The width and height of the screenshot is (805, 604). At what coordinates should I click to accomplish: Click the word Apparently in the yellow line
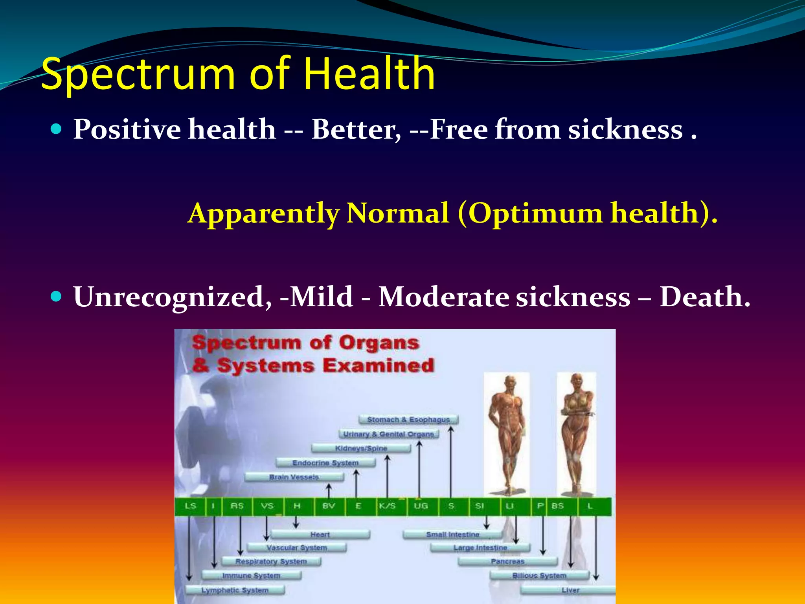(x=263, y=214)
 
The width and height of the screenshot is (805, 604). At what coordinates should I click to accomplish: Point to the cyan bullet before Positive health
(x=57, y=129)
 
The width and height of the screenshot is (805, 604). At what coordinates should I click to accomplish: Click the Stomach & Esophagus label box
(x=408, y=420)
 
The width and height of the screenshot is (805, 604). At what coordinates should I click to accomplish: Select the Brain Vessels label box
(x=294, y=477)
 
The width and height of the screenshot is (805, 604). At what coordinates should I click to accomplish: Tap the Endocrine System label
(x=325, y=463)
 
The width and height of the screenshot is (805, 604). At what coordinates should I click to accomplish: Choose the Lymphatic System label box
(x=235, y=590)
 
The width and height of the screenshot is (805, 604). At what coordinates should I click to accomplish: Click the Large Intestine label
(x=480, y=547)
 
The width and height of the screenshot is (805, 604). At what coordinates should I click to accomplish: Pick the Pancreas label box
(x=507, y=561)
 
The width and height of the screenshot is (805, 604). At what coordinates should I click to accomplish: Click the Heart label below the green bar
(x=320, y=534)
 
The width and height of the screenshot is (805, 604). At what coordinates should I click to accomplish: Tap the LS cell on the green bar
(x=190, y=506)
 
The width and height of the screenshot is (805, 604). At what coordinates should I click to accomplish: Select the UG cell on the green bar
(x=421, y=506)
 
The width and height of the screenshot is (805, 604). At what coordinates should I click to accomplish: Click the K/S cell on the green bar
(x=387, y=506)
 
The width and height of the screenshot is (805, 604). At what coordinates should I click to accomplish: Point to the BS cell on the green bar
(x=557, y=506)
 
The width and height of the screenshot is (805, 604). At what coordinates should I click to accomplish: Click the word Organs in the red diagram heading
(x=379, y=343)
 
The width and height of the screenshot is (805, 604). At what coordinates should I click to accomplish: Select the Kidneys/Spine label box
(x=361, y=448)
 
